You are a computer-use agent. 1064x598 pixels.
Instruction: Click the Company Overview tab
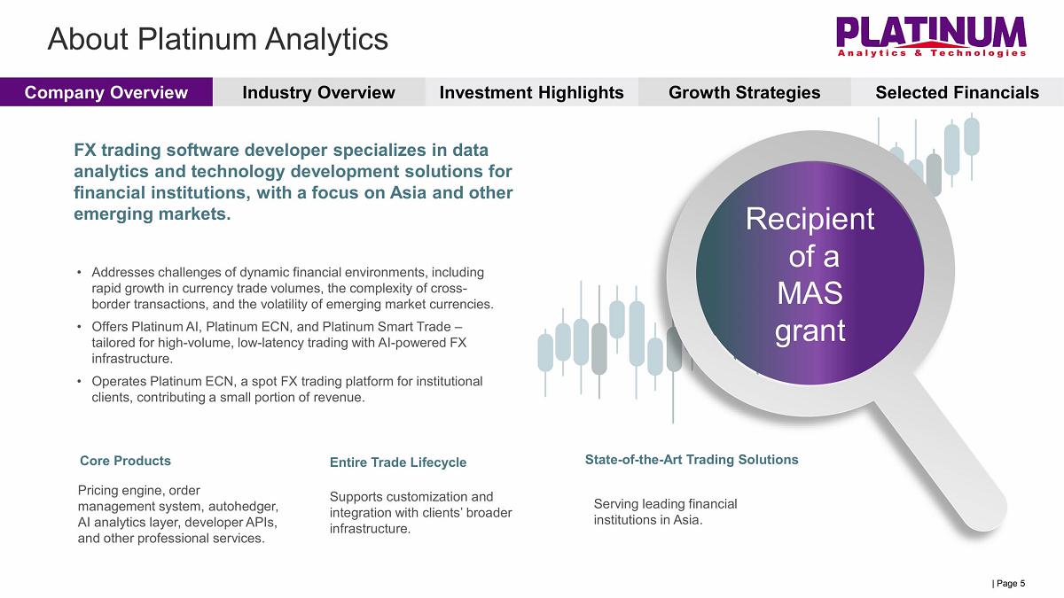coord(106,92)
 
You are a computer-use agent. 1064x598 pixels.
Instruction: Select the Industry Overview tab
coord(318,92)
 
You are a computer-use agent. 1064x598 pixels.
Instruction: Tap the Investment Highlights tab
coord(531,92)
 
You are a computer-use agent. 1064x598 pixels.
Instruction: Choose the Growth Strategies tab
coord(744,92)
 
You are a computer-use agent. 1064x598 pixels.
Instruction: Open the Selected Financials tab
coord(957,92)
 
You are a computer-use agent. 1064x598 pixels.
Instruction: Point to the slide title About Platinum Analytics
coord(217,39)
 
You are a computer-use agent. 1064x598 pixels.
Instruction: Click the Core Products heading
coord(125,461)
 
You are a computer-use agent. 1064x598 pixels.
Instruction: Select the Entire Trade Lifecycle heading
coord(398,462)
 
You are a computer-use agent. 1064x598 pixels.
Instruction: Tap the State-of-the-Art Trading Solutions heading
coord(692,460)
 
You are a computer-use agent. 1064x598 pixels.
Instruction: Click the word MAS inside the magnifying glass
coord(810,293)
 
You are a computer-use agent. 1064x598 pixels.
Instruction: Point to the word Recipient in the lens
coord(810,220)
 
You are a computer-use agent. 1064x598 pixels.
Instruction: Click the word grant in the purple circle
coord(810,330)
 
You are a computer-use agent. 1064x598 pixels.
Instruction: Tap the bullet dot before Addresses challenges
coord(79,273)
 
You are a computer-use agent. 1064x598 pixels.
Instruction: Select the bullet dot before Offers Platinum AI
coord(79,327)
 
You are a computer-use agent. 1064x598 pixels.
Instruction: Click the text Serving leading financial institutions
coord(666,512)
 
